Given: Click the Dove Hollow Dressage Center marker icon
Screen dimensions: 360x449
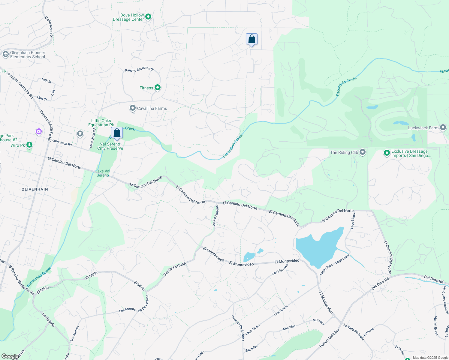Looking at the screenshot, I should [x=148, y=17].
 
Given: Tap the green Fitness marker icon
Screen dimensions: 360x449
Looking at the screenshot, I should [x=158, y=88].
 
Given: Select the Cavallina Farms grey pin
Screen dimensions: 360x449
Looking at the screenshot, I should [x=133, y=108].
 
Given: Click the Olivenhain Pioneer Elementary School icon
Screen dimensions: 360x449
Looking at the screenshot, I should [x=5, y=54].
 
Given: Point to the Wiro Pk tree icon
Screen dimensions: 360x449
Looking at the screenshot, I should [x=29, y=145].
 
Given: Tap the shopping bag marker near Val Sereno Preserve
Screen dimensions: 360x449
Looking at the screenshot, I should [x=117, y=133].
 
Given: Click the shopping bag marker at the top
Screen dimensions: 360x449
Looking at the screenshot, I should [x=252, y=39].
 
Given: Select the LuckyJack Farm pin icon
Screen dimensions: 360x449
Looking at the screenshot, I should [x=443, y=127].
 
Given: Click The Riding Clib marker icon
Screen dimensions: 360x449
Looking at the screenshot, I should [x=363, y=152].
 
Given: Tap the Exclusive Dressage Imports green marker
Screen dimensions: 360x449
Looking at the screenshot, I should [x=387, y=153].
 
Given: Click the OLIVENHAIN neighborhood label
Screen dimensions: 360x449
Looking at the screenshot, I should [x=35, y=189].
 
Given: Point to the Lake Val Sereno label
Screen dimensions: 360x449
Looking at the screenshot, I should [x=103, y=173].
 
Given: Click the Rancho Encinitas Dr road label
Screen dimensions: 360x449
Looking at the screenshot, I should [x=140, y=69].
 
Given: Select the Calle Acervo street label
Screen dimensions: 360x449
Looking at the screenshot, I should [x=49, y=26].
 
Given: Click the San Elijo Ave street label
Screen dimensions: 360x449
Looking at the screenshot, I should [x=280, y=269].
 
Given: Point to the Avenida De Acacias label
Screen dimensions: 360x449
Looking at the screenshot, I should [x=238, y=328].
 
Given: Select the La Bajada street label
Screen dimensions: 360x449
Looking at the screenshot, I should [x=48, y=320].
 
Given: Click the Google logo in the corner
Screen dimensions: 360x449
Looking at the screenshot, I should [x=10, y=356].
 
